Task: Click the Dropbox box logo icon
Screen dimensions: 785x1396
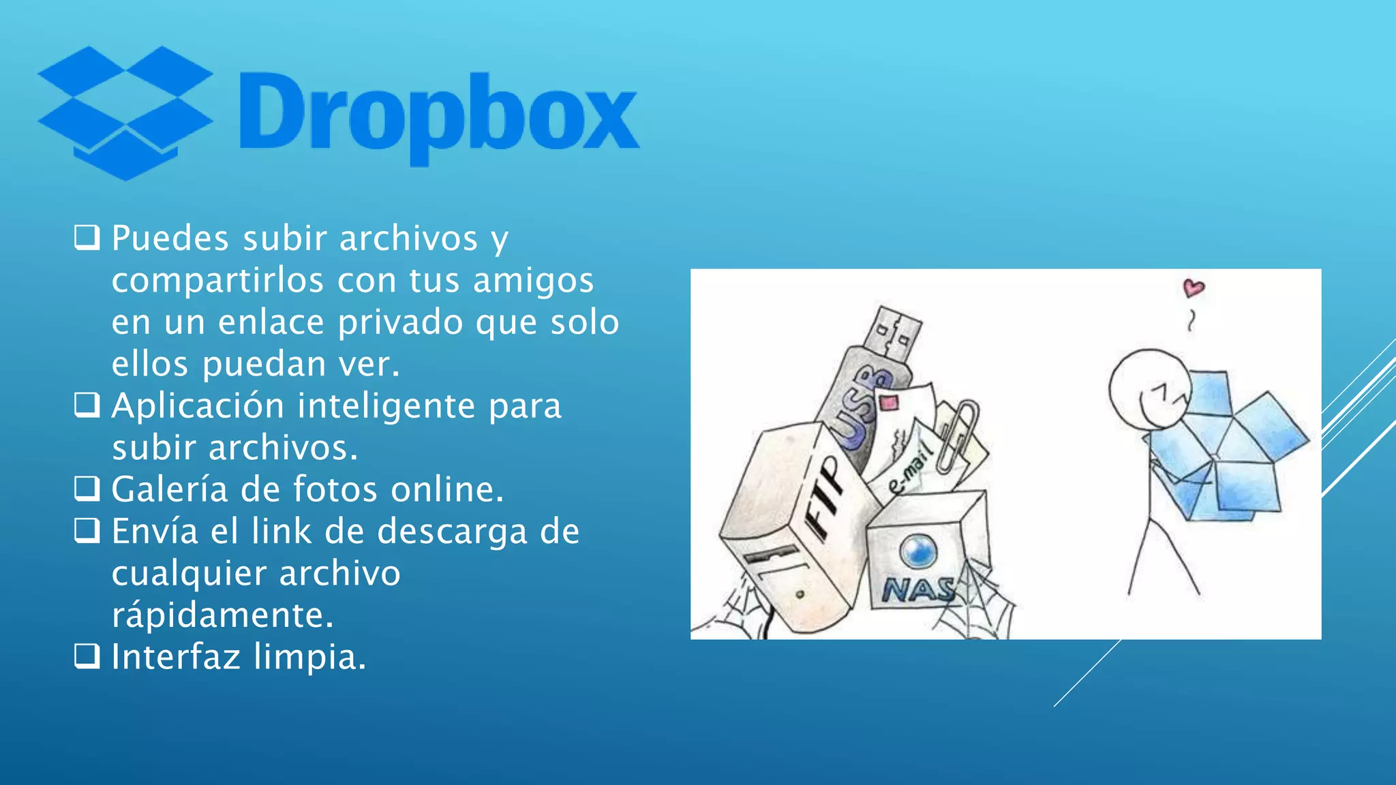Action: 125,112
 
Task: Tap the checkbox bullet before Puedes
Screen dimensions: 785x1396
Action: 87,238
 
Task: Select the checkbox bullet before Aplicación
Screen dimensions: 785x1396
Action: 87,405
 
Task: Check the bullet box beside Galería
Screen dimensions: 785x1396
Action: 87,489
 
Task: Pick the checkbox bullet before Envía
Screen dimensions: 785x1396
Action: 87,531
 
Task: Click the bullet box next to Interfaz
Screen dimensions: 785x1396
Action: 87,657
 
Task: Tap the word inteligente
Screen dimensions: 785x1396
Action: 386,406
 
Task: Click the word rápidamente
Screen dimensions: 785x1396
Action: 223,615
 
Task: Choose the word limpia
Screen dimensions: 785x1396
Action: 310,658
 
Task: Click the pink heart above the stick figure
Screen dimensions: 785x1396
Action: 1193,288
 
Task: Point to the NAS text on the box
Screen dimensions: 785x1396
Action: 917,589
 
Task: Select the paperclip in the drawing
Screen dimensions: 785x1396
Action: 957,436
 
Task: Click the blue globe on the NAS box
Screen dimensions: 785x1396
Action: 918,551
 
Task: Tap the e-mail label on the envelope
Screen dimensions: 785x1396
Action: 909,470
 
